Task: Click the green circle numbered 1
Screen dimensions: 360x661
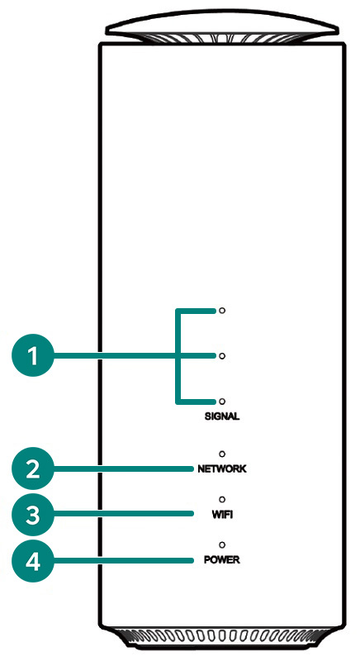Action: pyautogui.click(x=33, y=356)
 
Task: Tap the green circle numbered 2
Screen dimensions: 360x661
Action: pyautogui.click(x=33, y=468)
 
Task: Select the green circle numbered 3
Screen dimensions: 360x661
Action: pyautogui.click(x=33, y=514)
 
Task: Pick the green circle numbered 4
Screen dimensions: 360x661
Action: pyautogui.click(x=33, y=561)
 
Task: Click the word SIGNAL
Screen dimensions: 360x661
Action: pyautogui.click(x=222, y=416)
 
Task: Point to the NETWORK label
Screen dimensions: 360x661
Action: pyautogui.click(x=222, y=468)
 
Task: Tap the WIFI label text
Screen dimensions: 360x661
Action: pyautogui.click(x=222, y=515)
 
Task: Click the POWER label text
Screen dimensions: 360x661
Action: pyautogui.click(x=222, y=560)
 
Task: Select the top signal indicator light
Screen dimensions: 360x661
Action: pyautogui.click(x=222, y=311)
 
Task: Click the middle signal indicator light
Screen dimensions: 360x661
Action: pyautogui.click(x=222, y=356)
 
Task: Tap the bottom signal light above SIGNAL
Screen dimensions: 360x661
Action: pyautogui.click(x=222, y=401)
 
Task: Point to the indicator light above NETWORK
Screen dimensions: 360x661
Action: pyautogui.click(x=222, y=454)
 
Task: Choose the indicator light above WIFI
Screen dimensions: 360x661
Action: pyautogui.click(x=222, y=500)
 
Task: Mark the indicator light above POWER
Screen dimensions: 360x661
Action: pyautogui.click(x=222, y=544)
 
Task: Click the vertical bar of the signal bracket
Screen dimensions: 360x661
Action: pyautogui.click(x=178, y=356)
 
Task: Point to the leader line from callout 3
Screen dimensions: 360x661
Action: pyautogui.click(x=124, y=514)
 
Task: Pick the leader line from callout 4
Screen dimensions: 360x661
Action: pyautogui.click(x=124, y=561)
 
